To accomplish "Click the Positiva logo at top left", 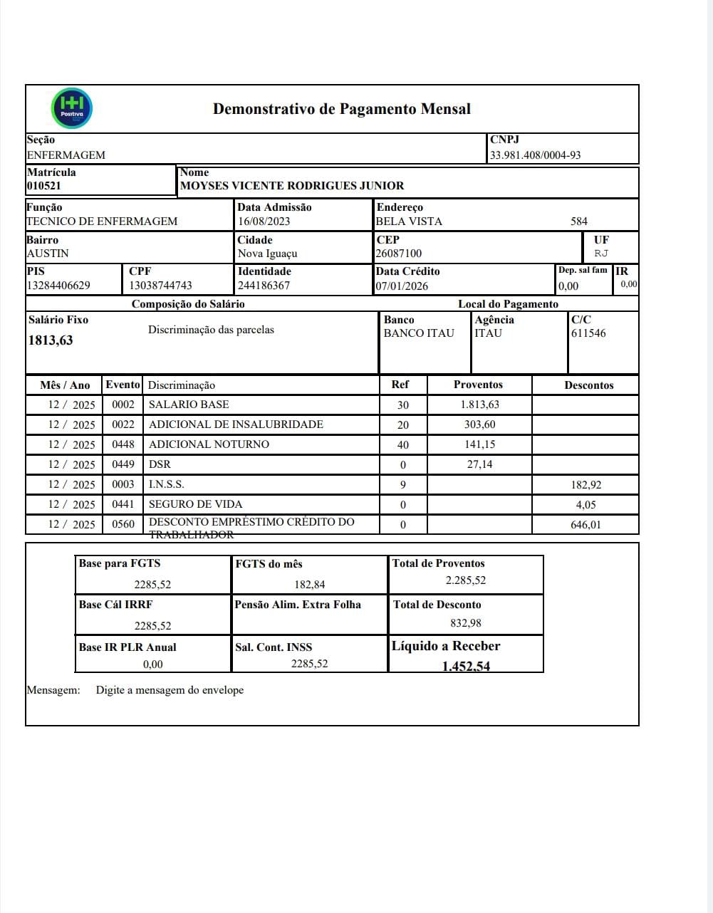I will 73,108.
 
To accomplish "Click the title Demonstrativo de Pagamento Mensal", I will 342,109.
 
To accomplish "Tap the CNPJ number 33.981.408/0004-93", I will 535,155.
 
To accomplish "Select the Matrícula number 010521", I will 44,186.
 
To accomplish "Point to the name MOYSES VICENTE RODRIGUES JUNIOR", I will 292,186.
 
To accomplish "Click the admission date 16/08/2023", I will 264,221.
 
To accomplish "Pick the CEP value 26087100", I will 399,254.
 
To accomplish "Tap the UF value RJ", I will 601,254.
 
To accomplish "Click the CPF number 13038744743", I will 160,286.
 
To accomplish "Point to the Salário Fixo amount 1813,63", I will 51,340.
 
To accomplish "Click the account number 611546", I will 588,333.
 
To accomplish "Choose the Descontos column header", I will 589,385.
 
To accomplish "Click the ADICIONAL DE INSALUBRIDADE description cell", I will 236,424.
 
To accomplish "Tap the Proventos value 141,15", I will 479,444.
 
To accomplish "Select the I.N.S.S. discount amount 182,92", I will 586,485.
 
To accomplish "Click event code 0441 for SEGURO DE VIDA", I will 123,504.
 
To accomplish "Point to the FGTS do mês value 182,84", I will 310,585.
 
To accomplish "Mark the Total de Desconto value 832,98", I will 466,623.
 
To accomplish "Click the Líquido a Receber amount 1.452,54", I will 466,667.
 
